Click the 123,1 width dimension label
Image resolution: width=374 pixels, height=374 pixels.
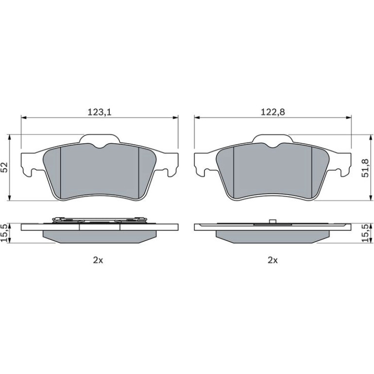[x=100, y=112]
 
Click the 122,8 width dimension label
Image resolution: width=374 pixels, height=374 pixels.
[x=272, y=112]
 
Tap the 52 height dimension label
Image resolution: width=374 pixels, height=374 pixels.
[x=4, y=167]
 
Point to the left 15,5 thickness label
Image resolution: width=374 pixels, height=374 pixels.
[x=4, y=233]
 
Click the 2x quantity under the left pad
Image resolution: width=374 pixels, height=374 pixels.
[x=98, y=260]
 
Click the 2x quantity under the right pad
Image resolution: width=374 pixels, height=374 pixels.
[x=272, y=260]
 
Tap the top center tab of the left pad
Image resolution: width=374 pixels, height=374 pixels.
[x=100, y=139]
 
